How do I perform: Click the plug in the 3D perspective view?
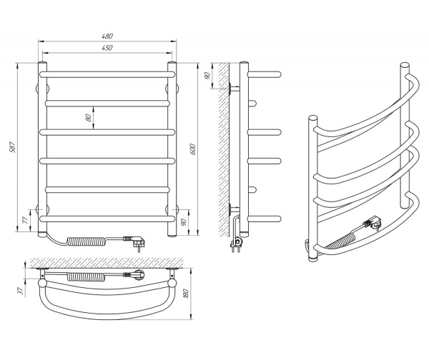point(372,224)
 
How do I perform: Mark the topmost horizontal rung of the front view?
point(107,74)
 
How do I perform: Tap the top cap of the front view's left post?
point(41,65)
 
